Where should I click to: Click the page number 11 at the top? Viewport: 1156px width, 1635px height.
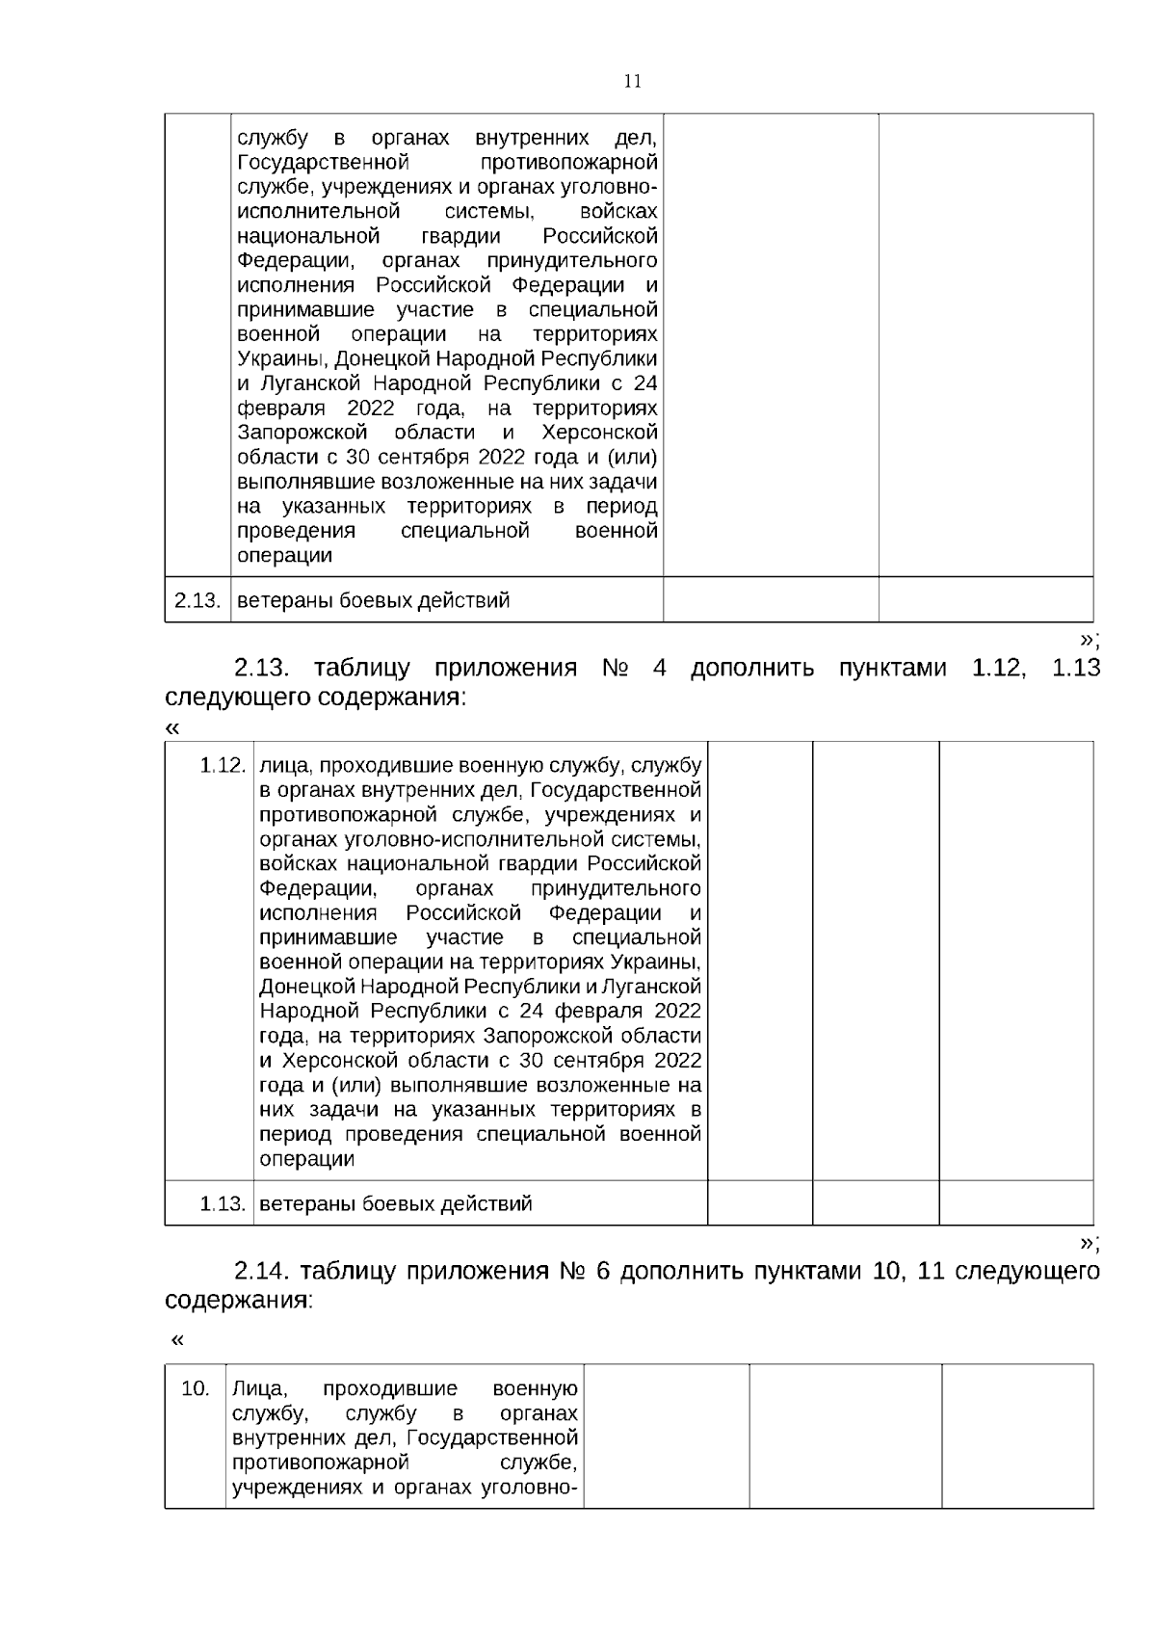633,81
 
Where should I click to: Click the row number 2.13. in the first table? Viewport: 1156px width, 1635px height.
197,601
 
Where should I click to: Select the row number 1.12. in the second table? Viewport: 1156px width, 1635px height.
223,766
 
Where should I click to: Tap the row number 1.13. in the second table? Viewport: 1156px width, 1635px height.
223,1203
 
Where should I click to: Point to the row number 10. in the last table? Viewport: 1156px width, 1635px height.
196,1388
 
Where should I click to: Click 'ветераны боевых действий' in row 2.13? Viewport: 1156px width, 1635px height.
373,601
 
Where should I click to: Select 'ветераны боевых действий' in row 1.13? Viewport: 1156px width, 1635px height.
396,1203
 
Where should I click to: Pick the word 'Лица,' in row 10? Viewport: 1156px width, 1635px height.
259,1388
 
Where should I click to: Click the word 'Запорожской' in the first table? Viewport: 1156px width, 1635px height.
302,432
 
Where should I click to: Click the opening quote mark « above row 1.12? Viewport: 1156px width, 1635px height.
172,728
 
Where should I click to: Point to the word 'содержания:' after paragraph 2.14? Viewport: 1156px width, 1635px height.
239,1300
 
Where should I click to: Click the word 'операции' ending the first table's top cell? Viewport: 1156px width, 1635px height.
284,556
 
